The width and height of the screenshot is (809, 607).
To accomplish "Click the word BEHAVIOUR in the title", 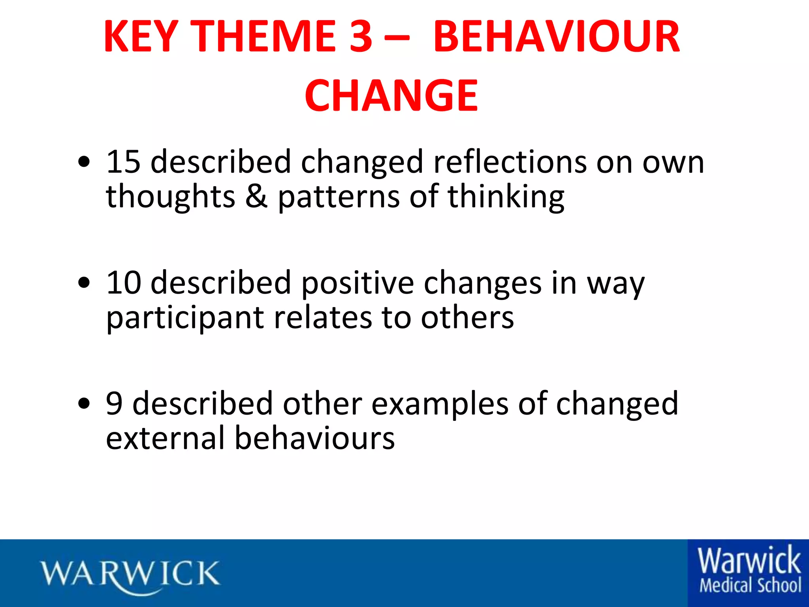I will (556, 37).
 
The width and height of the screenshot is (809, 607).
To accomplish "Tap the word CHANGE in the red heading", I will (391, 96).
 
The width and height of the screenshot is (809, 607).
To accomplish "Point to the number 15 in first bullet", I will (123, 162).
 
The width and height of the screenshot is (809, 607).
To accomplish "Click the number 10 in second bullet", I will (123, 283).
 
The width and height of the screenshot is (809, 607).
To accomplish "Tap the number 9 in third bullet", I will (114, 404).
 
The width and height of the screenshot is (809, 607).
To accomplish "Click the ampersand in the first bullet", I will (256, 196).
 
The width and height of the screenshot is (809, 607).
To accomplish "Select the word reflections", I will (510, 162).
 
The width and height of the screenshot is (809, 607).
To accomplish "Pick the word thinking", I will (506, 197).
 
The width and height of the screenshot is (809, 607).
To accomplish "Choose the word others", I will (467, 318).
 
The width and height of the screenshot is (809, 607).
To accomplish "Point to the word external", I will (165, 439).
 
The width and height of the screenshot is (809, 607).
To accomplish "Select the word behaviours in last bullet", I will (314, 439).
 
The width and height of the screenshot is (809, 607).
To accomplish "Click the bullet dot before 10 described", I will (84, 283).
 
